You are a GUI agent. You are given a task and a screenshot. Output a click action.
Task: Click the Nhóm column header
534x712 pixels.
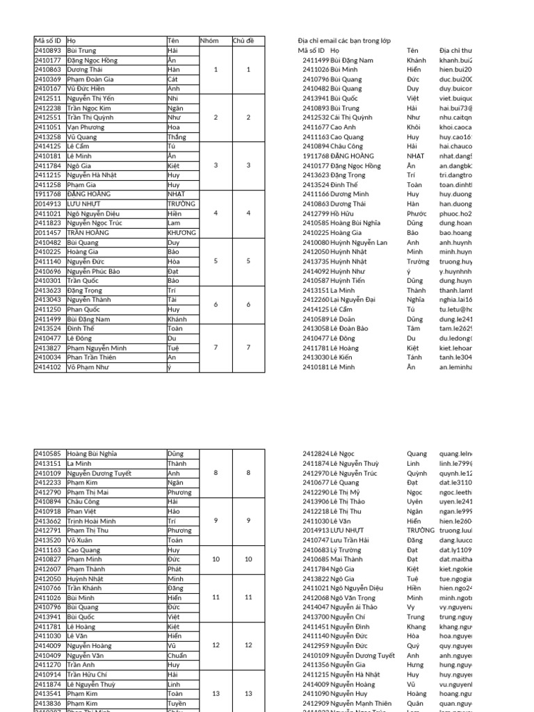tap(209, 41)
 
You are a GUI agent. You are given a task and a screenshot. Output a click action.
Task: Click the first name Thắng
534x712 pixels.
tap(177, 137)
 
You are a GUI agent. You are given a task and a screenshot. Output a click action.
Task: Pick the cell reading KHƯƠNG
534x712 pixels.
tap(181, 233)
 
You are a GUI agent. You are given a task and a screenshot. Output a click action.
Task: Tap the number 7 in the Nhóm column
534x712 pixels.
tap(216, 348)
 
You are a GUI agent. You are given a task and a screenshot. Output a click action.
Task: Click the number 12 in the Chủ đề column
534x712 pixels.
tap(249, 645)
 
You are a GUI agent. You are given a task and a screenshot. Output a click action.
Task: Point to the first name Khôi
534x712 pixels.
tap(414, 127)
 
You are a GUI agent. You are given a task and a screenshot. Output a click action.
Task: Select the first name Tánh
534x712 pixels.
tap(414, 357)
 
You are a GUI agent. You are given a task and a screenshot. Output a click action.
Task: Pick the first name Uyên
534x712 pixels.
tap(414, 501)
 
